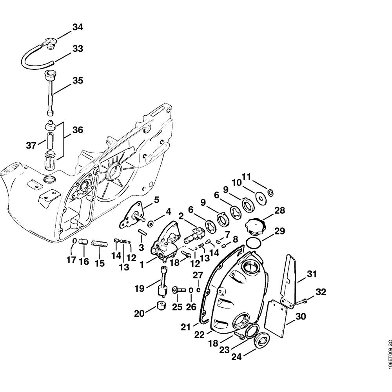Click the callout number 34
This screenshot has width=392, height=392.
coord(78,27)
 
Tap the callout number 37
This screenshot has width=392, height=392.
coord(32,146)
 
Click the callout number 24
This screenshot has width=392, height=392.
coord(237,357)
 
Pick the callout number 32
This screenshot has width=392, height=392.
coord(321,292)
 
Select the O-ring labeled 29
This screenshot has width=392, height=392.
coord(254,242)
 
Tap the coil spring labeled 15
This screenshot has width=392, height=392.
coord(99,244)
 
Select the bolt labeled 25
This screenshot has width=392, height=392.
coord(178,290)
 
